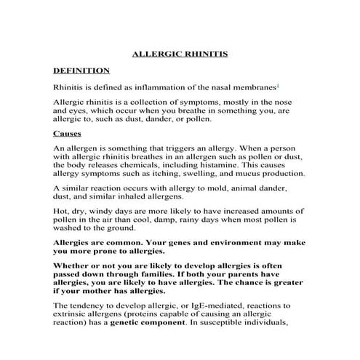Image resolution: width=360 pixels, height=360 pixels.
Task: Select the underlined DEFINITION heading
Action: pyautogui.click(x=81, y=71)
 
